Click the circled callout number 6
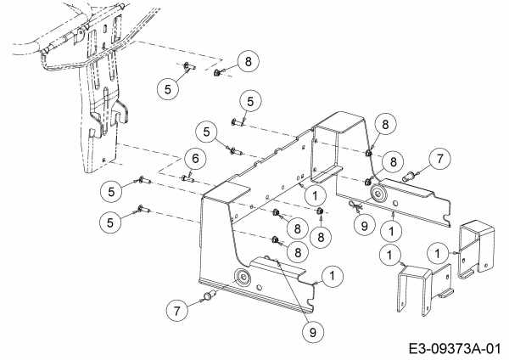pyautogui.click(x=194, y=158)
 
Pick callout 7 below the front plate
pyautogui.click(x=176, y=312)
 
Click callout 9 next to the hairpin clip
pyautogui.click(x=363, y=227)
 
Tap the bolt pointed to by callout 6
pyautogui.click(x=188, y=177)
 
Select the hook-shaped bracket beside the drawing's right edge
pyautogui.click(x=478, y=250)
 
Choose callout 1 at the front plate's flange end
pyautogui.click(x=333, y=275)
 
